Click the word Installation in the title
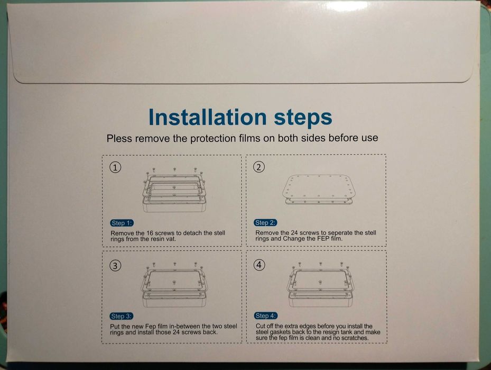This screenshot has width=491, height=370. [x=208, y=117]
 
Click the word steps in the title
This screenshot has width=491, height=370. [x=303, y=118]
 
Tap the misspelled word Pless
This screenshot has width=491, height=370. [x=119, y=138]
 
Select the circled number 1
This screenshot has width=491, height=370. [x=115, y=167]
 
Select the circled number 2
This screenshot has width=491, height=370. [x=258, y=167]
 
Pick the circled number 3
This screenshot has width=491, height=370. [x=115, y=266]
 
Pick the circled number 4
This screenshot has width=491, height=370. [x=259, y=265]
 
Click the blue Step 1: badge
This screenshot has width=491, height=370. [x=122, y=223]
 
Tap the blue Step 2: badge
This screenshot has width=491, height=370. [x=265, y=223]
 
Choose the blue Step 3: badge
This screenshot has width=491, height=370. [x=122, y=316]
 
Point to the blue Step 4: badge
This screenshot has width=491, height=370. [x=266, y=316]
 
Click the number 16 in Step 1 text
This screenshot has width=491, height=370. [x=150, y=233]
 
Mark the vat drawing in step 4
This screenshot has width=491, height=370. [x=320, y=284]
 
